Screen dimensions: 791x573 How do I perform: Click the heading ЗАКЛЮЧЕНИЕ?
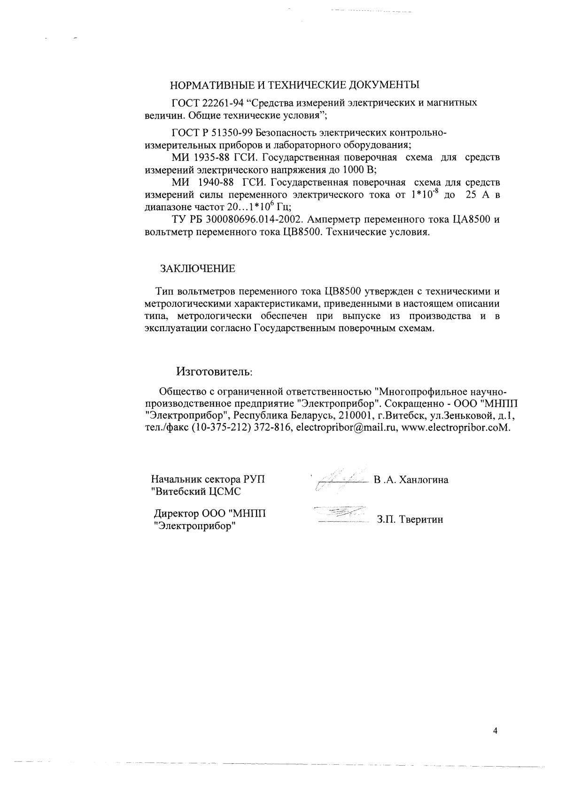[198, 269]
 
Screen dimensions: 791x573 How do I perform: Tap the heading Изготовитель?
[214, 372]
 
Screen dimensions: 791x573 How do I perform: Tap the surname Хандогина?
[423, 480]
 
